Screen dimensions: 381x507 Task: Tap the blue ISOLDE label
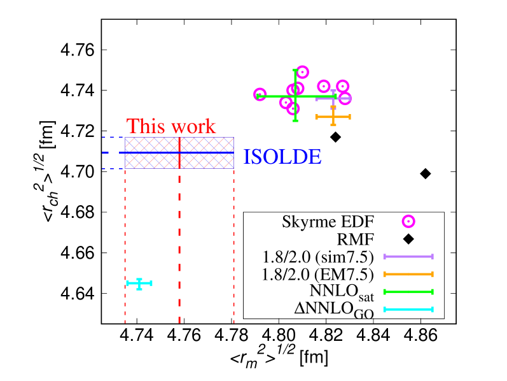click(x=282, y=157)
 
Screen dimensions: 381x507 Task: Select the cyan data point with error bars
click(x=139, y=284)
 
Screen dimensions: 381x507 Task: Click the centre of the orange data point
click(x=333, y=117)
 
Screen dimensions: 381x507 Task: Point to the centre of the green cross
click(x=295, y=96)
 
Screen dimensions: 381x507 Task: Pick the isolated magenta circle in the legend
click(x=408, y=221)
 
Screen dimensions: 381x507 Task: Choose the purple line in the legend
click(x=408, y=257)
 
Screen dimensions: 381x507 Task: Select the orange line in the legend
click(x=408, y=274)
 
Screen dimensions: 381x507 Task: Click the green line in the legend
click(x=408, y=292)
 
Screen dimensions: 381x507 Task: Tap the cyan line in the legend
click(x=408, y=310)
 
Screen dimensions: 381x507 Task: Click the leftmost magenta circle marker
click(x=260, y=94)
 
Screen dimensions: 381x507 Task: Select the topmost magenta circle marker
click(x=302, y=72)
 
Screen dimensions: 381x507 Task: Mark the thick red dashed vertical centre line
click(x=179, y=255)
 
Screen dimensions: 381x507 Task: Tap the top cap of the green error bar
click(x=295, y=70)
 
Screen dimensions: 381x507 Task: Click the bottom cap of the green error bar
click(x=295, y=120)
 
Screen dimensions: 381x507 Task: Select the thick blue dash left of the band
click(x=106, y=153)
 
